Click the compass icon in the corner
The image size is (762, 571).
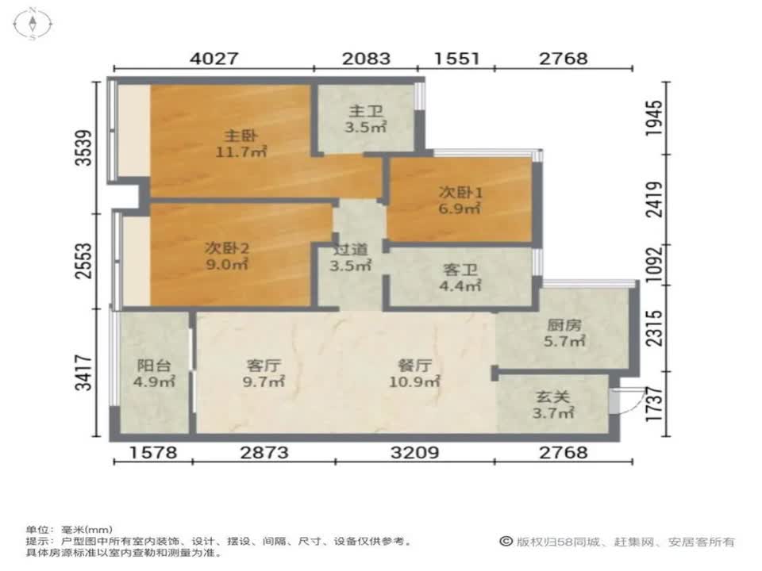[33, 25]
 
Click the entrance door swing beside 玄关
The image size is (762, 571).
[622, 400]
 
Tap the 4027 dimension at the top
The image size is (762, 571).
[214, 59]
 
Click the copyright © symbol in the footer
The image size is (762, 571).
[505, 542]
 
